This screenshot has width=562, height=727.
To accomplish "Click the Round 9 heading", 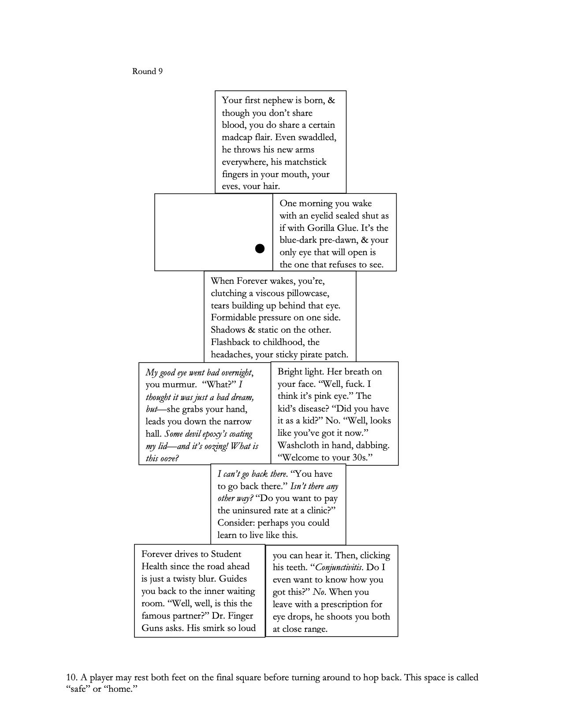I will (147, 71).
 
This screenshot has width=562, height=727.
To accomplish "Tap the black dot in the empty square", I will (260, 249).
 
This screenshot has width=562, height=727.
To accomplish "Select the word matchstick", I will (304, 162).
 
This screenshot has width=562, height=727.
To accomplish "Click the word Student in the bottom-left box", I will (226, 554).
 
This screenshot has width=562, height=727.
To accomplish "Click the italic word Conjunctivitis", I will (339, 568).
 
